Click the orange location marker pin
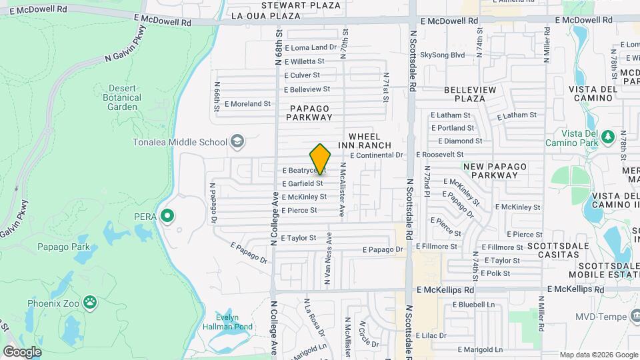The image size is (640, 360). coord(321,159)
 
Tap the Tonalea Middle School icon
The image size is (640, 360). coord(237,141)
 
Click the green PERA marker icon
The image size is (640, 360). coord(168,216)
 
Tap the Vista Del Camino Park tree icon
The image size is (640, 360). coord(607,137)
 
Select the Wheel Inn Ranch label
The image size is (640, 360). coord(364,140)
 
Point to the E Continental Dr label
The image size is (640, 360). coord(377,155)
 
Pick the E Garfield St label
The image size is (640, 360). coord(302,183)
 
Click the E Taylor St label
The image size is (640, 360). coord(298,237)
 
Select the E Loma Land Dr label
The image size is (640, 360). coord(311,47)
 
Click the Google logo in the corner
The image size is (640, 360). coord(22,351)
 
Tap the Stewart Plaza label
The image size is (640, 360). coord(291,5)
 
